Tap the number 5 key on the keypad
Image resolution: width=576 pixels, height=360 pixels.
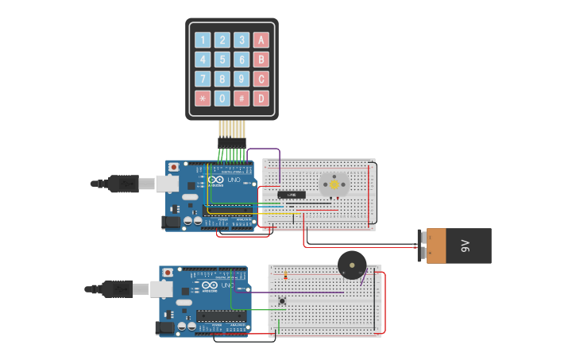pyautogui.click(x=222, y=60)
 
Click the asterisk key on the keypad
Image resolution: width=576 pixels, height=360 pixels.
pyautogui.click(x=203, y=99)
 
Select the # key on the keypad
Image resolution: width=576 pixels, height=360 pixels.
pyautogui.click(x=242, y=99)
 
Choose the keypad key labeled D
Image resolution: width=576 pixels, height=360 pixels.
pyautogui.click(x=261, y=99)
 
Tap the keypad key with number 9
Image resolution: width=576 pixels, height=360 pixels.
pyautogui.click(x=242, y=79)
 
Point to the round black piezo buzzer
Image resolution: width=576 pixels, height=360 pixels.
pyautogui.click(x=352, y=265)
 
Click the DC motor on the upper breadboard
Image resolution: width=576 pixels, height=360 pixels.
pyautogui.click(x=334, y=184)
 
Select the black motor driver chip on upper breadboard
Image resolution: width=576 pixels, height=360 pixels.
pyautogui.click(x=291, y=195)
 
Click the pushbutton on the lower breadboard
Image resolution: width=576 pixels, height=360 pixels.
pyautogui.click(x=283, y=300)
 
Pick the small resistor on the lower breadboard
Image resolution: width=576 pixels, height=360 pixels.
pyautogui.click(x=286, y=277)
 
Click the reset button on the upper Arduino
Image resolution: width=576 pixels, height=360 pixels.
pyautogui.click(x=173, y=168)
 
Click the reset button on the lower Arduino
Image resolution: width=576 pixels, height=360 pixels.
pyautogui.click(x=167, y=273)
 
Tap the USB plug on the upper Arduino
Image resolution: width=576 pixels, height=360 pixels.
pyautogui.click(x=123, y=184)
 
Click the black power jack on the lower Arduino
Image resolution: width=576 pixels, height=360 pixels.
pyautogui.click(x=165, y=327)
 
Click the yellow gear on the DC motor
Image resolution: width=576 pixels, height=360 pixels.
pyautogui.click(x=334, y=182)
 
